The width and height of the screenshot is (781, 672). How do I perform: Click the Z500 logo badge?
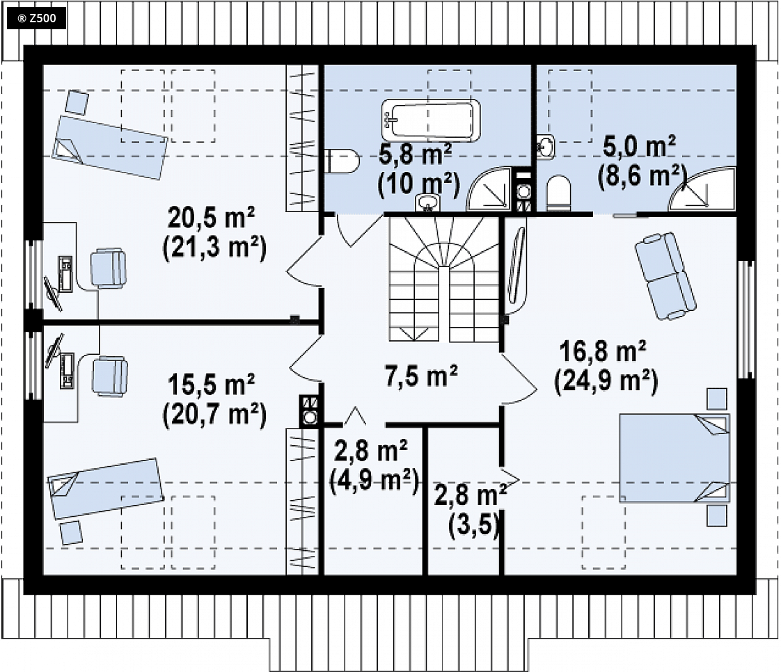click(x=36, y=19)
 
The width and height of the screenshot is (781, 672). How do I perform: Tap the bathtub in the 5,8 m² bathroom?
click(x=431, y=120)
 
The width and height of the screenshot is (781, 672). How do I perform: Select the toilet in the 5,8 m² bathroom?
click(x=342, y=161)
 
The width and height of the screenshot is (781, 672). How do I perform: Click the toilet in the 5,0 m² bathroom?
click(x=558, y=193)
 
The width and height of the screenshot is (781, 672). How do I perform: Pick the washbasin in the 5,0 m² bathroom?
click(x=546, y=147)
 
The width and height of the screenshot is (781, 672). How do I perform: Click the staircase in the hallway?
click(x=444, y=279)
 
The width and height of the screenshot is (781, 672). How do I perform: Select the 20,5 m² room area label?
click(x=212, y=218)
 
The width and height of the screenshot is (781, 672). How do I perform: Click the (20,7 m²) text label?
click(x=214, y=415)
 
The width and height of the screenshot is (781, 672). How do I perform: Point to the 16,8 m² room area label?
click(x=603, y=351)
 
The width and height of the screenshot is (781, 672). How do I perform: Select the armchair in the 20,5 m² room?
click(x=108, y=269)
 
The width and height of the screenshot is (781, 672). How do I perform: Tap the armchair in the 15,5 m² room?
click(x=109, y=376)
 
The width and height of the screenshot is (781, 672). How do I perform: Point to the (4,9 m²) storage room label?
click(x=374, y=481)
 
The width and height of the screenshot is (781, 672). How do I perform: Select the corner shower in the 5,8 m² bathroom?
click(x=489, y=189)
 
